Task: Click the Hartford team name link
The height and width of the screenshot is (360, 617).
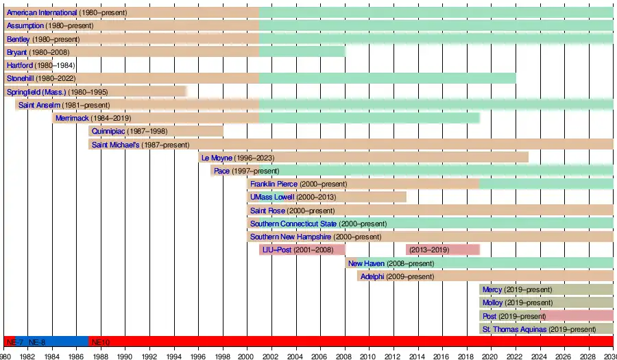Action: click(20, 65)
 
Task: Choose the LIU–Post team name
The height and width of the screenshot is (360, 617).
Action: click(277, 250)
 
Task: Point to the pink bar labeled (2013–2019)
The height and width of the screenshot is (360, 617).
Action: click(442, 250)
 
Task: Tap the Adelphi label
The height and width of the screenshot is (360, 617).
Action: click(372, 276)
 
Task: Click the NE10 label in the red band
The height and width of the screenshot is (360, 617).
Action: click(100, 341)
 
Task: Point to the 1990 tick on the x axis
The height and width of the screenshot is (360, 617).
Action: click(125, 355)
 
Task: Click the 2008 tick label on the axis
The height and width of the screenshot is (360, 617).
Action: click(345, 355)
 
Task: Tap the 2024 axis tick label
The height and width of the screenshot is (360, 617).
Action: click(540, 355)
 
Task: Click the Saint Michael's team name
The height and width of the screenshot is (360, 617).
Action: click(115, 145)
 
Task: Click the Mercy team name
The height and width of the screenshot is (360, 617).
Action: click(492, 289)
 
